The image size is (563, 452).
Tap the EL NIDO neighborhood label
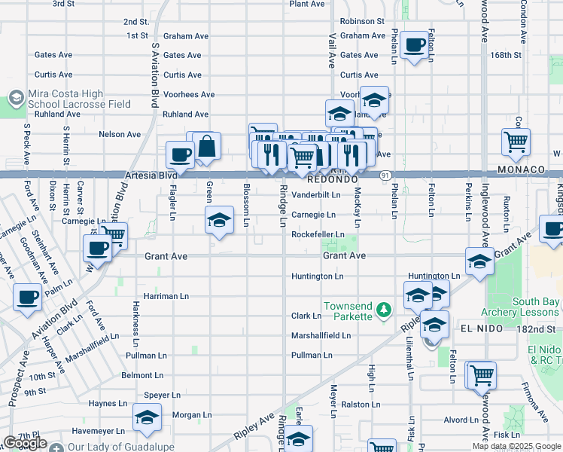click(x=477, y=328)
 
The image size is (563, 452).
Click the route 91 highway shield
click(x=385, y=175)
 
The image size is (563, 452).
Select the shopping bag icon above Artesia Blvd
click(x=206, y=147)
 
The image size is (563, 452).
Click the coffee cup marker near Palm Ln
click(x=28, y=299)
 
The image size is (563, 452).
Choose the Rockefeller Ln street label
click(x=318, y=234)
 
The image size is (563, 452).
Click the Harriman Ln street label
click(x=167, y=296)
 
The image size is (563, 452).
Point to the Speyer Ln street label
click(x=162, y=395)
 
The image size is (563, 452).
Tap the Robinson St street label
click(x=361, y=22)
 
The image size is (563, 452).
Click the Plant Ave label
click(x=306, y=4)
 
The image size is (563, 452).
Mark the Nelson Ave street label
click(x=120, y=134)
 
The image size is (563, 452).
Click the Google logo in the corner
click(x=25, y=443)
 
